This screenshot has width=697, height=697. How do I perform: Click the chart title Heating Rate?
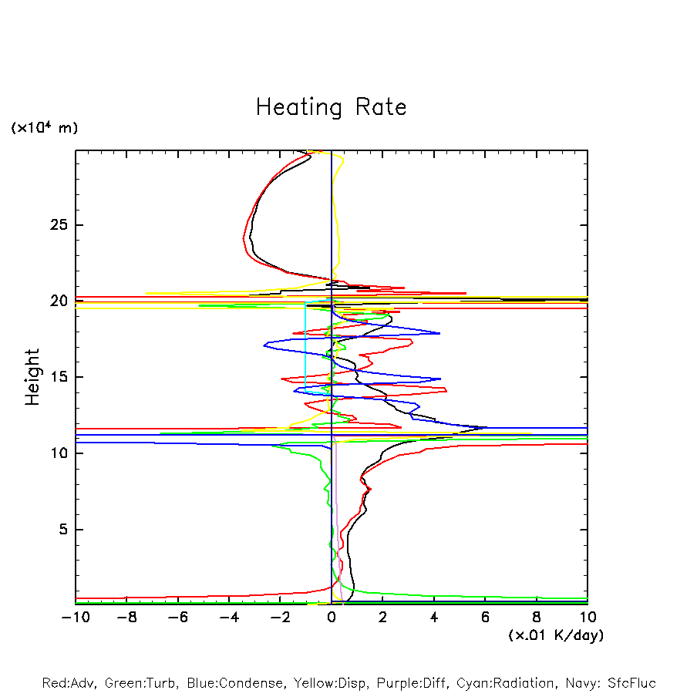[331, 107]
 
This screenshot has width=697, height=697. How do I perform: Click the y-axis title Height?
[32, 377]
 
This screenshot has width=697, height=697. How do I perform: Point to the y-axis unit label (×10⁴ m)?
[44, 128]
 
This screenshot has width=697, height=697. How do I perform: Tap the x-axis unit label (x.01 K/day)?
[555, 635]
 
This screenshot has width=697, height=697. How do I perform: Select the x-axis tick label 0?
[332, 618]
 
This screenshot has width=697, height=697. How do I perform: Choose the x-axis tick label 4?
[434, 618]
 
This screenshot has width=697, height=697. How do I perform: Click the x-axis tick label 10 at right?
[587, 618]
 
